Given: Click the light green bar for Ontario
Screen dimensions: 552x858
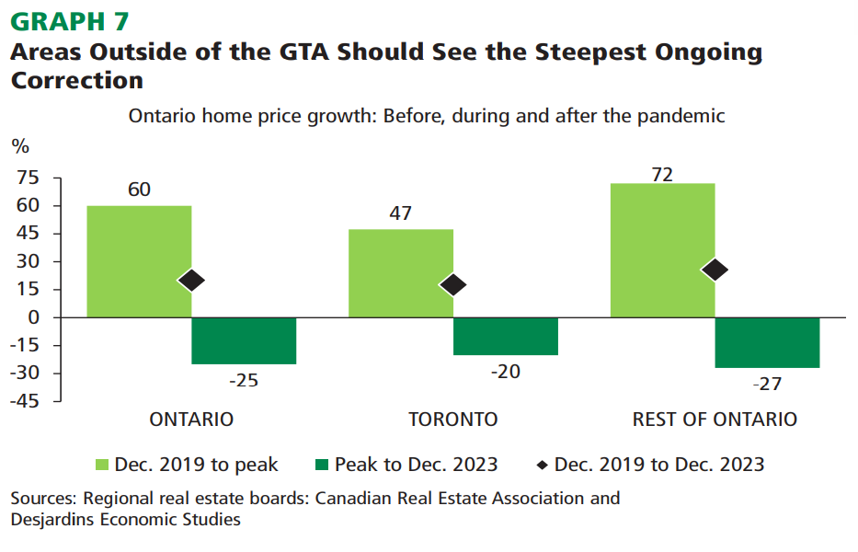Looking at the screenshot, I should point(139,261).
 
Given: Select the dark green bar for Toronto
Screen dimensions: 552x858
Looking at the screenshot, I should point(506,336).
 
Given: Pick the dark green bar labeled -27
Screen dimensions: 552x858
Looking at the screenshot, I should point(767,342).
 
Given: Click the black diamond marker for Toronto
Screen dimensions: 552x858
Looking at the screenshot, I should point(453,285).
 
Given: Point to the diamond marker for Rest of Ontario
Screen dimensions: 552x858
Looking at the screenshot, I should point(715,270).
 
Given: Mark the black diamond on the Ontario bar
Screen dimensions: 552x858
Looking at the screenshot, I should point(191,281).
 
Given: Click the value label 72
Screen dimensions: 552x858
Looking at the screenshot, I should point(662,175).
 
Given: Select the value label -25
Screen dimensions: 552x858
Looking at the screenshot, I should point(244,380).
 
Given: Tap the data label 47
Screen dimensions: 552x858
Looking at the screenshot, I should point(400,213).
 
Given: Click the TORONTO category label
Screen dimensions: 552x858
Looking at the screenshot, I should point(452,420).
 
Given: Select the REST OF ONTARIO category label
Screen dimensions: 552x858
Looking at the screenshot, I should point(715,420).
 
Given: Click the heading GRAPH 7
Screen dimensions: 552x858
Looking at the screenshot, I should point(70,20).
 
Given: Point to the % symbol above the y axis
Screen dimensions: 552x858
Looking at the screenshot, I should point(19,146).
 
